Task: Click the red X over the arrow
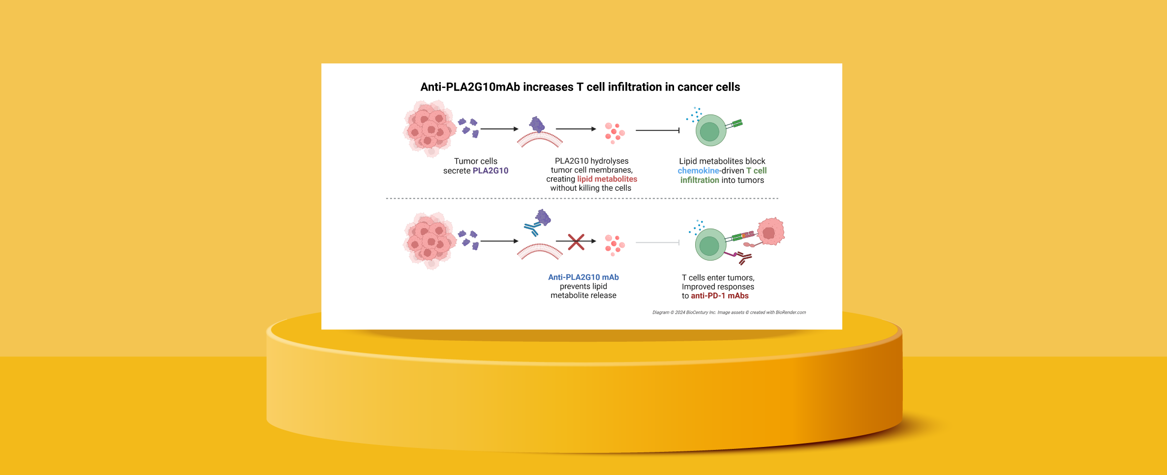tap(576, 242)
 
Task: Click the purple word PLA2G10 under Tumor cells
tap(490, 171)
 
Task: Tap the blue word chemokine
tap(698, 171)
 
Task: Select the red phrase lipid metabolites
tap(607, 179)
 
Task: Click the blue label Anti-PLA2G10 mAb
tap(583, 277)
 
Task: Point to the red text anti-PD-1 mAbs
tap(719, 296)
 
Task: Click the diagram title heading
tap(580, 87)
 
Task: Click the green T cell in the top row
tap(710, 131)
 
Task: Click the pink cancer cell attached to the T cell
tap(770, 232)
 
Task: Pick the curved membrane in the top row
tap(540, 140)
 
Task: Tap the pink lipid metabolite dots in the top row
tap(614, 132)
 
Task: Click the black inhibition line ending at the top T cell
tap(657, 130)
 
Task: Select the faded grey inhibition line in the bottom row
tap(657, 242)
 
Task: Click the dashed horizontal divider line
tap(582, 199)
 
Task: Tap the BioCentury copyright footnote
tap(729, 313)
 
